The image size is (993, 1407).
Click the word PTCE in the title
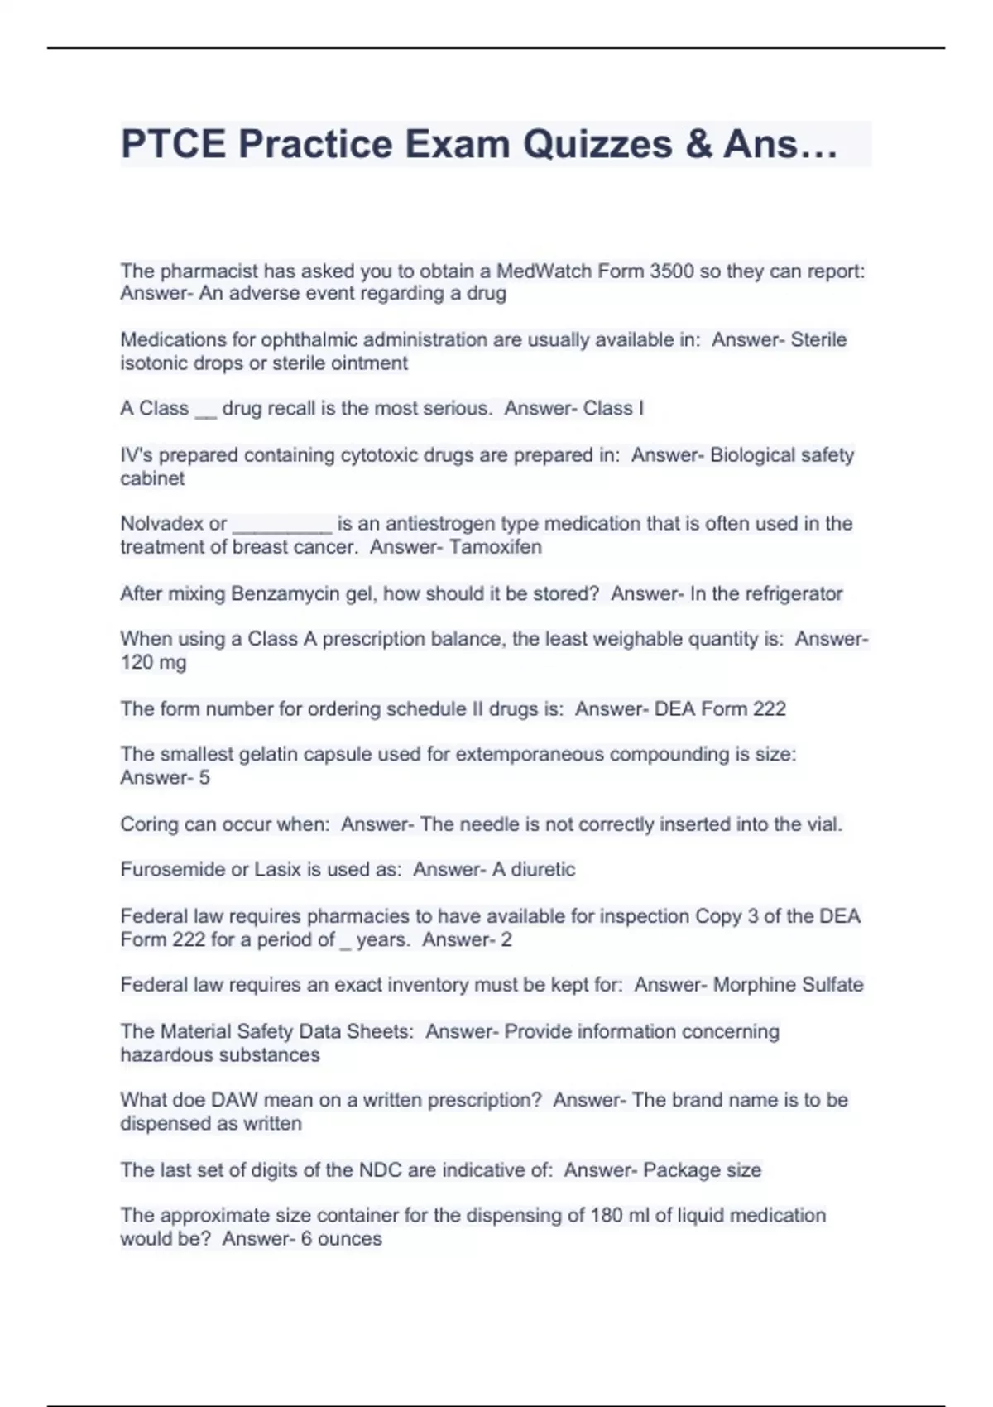pos(173,144)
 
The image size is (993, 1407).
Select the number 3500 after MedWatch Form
pos(672,271)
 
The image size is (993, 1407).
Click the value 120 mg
pos(153,662)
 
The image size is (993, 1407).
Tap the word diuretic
pos(542,869)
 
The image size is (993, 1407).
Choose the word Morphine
pos(751,984)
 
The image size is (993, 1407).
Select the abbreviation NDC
pos(380,1169)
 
